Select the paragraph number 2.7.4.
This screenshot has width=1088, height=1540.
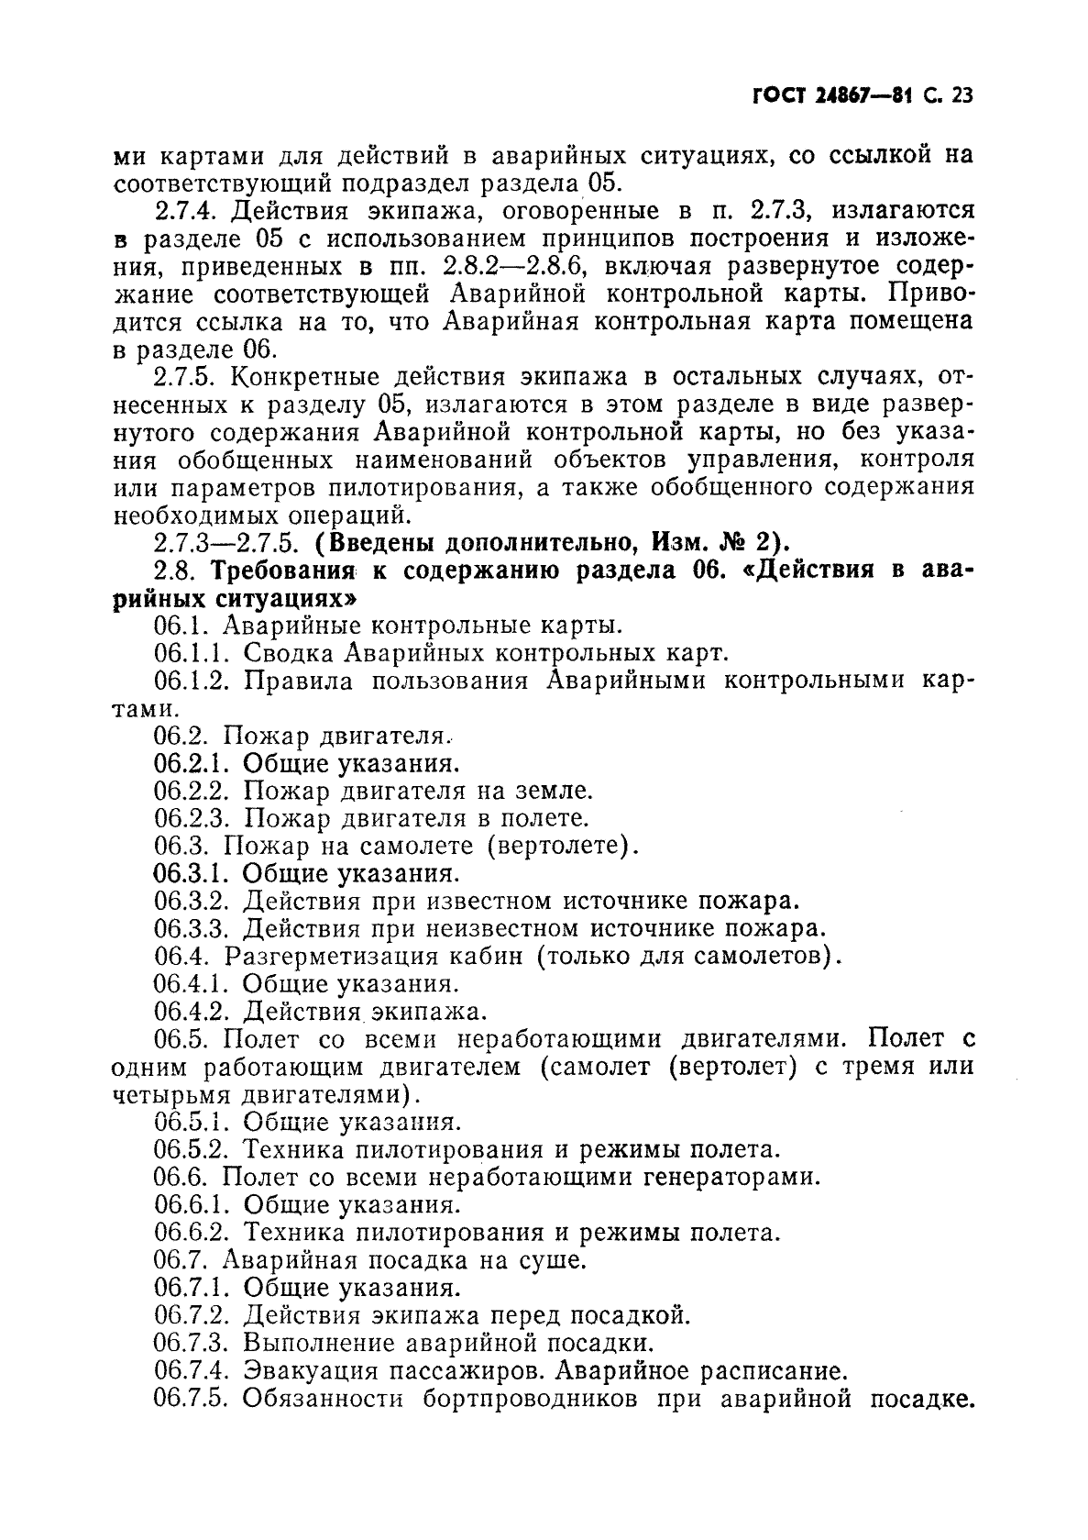[x=186, y=212]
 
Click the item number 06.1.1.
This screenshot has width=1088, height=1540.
[x=193, y=653]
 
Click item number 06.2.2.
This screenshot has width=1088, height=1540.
[x=193, y=791]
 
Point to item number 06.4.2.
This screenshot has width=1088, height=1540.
[x=193, y=1011]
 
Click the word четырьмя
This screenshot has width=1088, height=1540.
[x=170, y=1094]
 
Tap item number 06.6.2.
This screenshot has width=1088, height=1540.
[x=193, y=1232]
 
